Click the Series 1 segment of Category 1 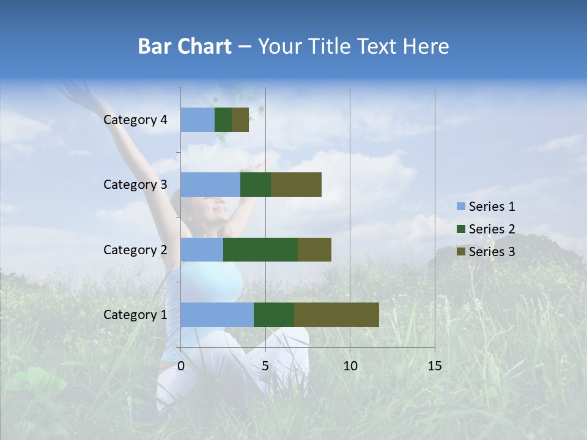pyautogui.click(x=217, y=315)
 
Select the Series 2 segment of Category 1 pyautogui.click(x=274, y=315)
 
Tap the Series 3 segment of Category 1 pyautogui.click(x=336, y=315)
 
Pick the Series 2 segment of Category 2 pyautogui.click(x=260, y=249)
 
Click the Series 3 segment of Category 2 pyautogui.click(x=314, y=249)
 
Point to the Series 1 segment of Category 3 pyautogui.click(x=210, y=185)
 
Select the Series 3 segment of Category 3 pyautogui.click(x=296, y=185)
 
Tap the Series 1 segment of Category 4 pyautogui.click(x=198, y=120)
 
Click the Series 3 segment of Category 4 pyautogui.click(x=240, y=120)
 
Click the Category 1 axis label pyautogui.click(x=135, y=315)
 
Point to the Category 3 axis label pyautogui.click(x=135, y=185)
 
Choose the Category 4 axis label pyautogui.click(x=135, y=120)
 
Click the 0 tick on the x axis pyautogui.click(x=181, y=366)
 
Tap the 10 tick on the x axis pyautogui.click(x=350, y=366)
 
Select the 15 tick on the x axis pyautogui.click(x=434, y=366)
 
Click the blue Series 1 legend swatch pyautogui.click(x=460, y=207)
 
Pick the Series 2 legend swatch pyautogui.click(x=460, y=229)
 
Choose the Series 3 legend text pyautogui.click(x=492, y=252)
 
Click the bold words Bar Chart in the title pyautogui.click(x=184, y=46)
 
